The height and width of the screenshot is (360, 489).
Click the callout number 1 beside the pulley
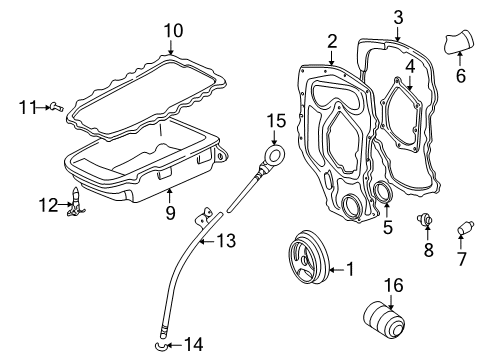(x=349, y=268)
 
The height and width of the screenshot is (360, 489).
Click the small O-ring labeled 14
(x=160, y=346)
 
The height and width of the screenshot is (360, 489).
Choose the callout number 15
(x=276, y=121)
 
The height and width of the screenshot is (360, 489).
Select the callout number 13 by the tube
(x=228, y=239)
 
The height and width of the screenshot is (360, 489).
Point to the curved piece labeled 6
(x=460, y=45)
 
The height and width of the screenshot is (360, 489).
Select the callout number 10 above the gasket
(x=173, y=32)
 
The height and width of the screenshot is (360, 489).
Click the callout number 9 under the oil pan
(x=170, y=212)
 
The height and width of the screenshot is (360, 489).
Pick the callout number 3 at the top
(x=397, y=16)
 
